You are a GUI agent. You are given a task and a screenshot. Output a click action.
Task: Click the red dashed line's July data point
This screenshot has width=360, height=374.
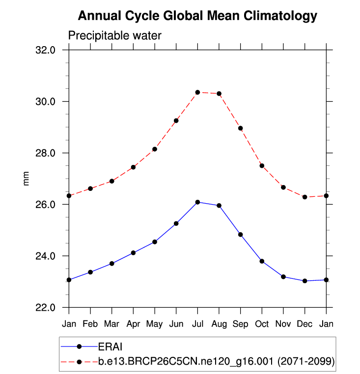click(x=197, y=92)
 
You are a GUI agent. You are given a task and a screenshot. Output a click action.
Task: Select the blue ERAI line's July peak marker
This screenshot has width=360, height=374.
click(x=197, y=202)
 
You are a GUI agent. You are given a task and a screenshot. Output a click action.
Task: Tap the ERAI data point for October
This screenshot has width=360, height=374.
click(x=262, y=261)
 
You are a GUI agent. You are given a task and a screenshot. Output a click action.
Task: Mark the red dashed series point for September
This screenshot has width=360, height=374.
click(x=241, y=128)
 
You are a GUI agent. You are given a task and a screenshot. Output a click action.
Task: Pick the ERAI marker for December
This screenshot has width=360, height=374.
click(x=305, y=281)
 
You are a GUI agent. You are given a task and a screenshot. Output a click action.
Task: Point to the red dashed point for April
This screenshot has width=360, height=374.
click(x=133, y=167)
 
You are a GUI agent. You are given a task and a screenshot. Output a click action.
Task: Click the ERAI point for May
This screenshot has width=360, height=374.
click(x=155, y=241)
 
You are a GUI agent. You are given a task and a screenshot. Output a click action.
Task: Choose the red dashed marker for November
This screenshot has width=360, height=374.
click(x=283, y=187)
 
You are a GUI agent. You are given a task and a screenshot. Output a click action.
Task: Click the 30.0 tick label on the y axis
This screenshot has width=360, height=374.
click(x=50, y=102)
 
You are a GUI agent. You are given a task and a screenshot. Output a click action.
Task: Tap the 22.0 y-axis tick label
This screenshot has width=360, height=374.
click(x=50, y=308)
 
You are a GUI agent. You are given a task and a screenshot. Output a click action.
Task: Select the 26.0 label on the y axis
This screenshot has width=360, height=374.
click(x=50, y=205)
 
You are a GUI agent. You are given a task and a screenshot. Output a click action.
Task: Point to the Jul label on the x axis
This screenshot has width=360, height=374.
click(x=197, y=324)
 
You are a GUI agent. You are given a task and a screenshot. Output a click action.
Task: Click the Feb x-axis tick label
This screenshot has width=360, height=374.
click(x=90, y=324)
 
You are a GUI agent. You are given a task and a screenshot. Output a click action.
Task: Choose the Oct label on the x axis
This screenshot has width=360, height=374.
click(x=262, y=324)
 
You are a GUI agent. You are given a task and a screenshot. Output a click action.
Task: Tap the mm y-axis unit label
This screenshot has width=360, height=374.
click(x=27, y=179)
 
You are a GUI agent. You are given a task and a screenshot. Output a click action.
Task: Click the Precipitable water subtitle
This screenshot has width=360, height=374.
click(x=114, y=35)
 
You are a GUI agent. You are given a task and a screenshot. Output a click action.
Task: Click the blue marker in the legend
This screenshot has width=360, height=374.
click(x=79, y=347)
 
